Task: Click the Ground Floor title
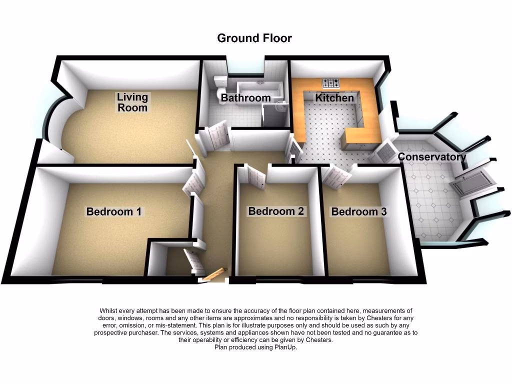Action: click(x=254, y=38)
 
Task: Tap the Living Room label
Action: click(x=132, y=102)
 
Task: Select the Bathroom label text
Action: click(x=245, y=98)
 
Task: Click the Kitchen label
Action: click(x=334, y=98)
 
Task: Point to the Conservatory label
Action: click(x=431, y=157)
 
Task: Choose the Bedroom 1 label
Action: click(x=113, y=211)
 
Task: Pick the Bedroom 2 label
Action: click(x=276, y=211)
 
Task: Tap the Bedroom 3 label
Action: click(x=358, y=211)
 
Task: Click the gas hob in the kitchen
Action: click(x=331, y=82)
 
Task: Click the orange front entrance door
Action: click(x=214, y=274)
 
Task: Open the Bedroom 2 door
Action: click(x=255, y=176)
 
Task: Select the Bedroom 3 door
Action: click(x=336, y=175)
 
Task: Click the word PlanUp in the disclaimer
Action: click(x=285, y=347)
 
